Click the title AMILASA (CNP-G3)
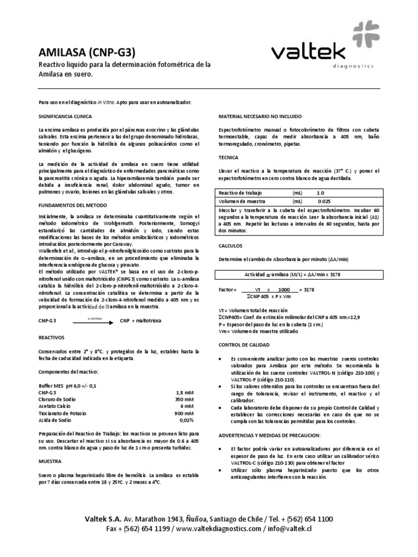coord(85,52)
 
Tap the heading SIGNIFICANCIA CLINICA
coord(65,117)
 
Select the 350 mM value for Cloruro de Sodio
coord(183,399)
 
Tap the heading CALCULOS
coord(231,245)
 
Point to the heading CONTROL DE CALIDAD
coord(244,345)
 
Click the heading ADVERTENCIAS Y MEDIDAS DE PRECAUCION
coord(269,436)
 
